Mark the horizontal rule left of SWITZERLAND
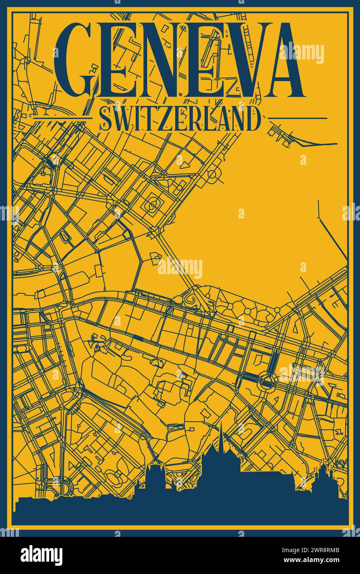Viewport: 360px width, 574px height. pyautogui.click(x=62, y=118)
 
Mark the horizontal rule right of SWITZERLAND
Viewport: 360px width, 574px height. pyautogui.click(x=298, y=118)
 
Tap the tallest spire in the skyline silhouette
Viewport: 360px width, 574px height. pyautogui.click(x=221, y=434)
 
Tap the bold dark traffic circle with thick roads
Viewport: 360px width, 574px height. pyautogui.click(x=266, y=379)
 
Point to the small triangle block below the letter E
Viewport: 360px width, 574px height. pyautogui.click(x=186, y=164)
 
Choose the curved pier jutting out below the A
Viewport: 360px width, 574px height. pyautogui.click(x=314, y=142)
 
